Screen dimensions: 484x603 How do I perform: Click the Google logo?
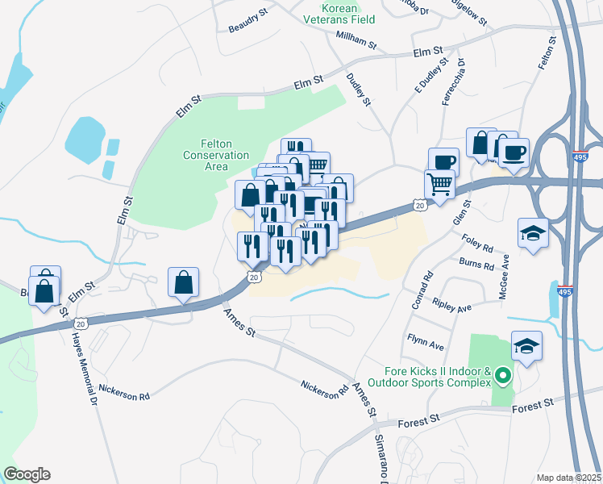[x=27, y=474]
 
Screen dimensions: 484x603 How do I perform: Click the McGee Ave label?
[x=505, y=273]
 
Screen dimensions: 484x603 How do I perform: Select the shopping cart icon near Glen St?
[x=440, y=184]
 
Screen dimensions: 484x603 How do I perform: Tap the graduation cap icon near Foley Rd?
[x=533, y=233]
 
